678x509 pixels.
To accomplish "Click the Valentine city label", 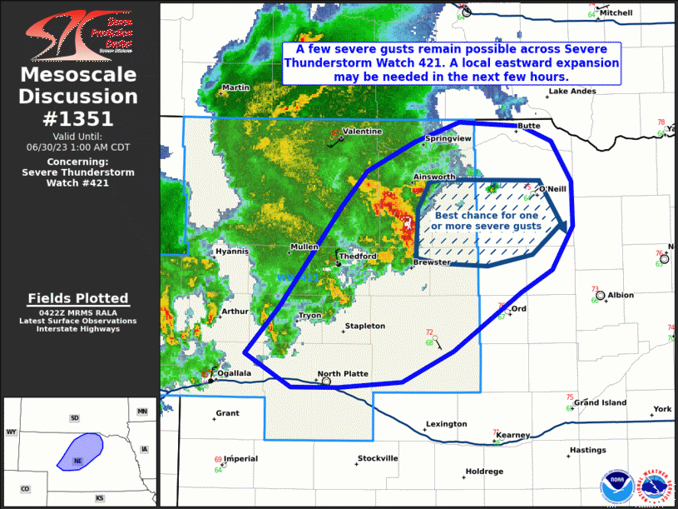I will click(x=363, y=132).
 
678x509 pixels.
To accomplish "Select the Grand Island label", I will click(x=601, y=403).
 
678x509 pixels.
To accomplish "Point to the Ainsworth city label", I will click(x=435, y=177).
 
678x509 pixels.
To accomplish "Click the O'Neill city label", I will click(x=552, y=189).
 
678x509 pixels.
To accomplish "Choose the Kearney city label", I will click(x=513, y=436).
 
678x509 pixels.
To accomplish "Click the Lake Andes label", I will click(x=572, y=92).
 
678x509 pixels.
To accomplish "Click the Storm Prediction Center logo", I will click(x=79, y=35).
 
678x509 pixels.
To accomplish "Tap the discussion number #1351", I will click(x=79, y=118).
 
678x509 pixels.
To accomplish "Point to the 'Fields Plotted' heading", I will click(x=78, y=298).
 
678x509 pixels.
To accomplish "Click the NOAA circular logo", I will click(x=615, y=485).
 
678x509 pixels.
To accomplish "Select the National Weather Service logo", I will click(x=654, y=485).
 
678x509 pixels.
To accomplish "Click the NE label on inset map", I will click(x=77, y=460).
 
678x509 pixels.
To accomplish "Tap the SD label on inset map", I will click(x=74, y=417).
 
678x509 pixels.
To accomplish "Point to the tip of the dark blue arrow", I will click(x=567, y=226).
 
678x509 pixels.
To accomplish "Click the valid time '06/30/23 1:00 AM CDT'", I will click(x=78, y=146).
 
